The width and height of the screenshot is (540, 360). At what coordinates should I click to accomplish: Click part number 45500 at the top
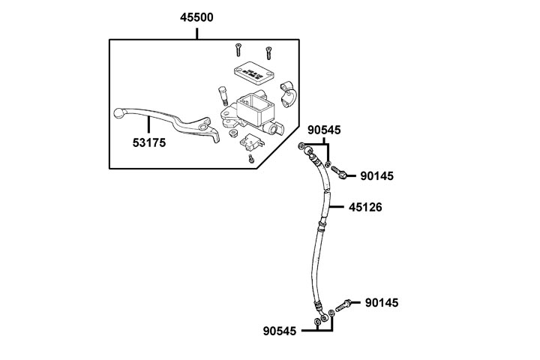click(196, 17)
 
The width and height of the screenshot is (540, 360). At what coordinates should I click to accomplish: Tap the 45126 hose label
click(365, 206)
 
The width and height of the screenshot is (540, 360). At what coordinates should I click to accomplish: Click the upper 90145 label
click(376, 175)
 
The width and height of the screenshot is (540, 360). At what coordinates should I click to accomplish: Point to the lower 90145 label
click(382, 303)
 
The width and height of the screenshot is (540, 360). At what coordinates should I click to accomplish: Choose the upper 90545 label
click(324, 130)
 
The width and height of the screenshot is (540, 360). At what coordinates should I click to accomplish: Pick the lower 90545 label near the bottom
click(280, 331)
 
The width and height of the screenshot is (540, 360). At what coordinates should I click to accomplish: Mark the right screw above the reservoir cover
click(268, 52)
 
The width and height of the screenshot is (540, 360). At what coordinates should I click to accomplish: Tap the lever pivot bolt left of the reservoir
click(223, 96)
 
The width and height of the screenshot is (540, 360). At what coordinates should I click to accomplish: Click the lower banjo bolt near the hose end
click(346, 304)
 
